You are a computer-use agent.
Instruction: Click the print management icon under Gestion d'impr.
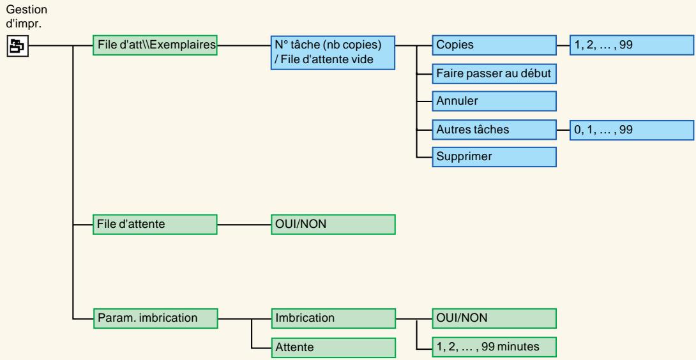tap(18, 46)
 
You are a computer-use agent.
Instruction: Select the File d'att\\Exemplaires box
tap(155, 45)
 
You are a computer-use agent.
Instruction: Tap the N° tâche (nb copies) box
tap(333, 52)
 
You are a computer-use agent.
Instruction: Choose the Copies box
tap(494, 45)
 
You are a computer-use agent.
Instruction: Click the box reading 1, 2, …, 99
tap(632, 45)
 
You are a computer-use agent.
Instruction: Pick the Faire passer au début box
tap(494, 73)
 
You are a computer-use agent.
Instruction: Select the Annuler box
tap(494, 101)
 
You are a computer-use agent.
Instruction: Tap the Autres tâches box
tap(494, 130)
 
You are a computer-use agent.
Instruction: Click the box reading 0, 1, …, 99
tap(632, 130)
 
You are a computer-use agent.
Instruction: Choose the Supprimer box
tap(494, 156)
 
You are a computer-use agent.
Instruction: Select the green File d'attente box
tap(155, 224)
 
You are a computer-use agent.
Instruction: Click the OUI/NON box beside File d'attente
tap(333, 224)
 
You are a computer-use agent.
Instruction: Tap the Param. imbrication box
tap(155, 319)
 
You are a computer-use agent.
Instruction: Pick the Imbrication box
tap(333, 319)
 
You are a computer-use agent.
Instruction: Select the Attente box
tap(333, 348)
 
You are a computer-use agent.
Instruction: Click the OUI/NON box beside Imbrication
tap(494, 319)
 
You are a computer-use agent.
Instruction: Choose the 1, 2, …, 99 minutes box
tap(494, 347)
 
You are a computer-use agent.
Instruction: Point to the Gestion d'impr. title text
tap(27, 17)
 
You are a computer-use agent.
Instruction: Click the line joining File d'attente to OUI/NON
tap(244, 225)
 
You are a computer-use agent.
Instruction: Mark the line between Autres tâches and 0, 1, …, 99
tap(563, 130)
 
